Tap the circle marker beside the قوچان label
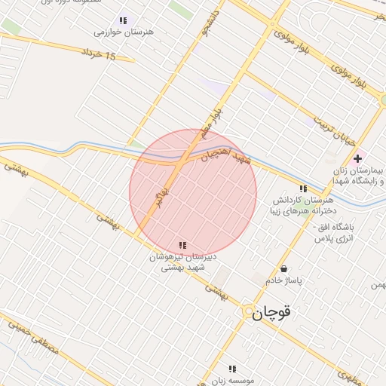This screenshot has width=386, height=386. [248, 311]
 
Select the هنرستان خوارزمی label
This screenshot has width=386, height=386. [124, 32]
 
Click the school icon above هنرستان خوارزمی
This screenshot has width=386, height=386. [124, 20]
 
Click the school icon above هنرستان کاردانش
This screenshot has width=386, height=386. [303, 188]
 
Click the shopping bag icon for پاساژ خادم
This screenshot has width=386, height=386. [283, 268]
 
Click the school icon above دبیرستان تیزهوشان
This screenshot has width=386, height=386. [182, 245]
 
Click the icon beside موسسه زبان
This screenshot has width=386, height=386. [232, 369]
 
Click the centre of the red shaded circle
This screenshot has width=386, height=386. [193, 192]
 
